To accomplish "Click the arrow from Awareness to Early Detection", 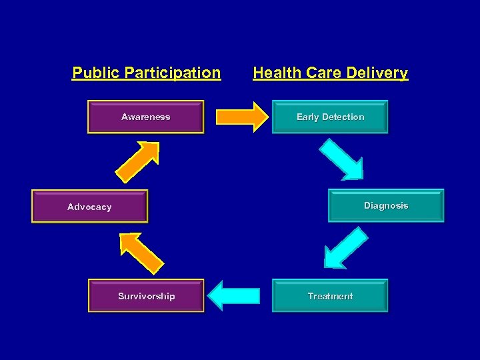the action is coord(241,117).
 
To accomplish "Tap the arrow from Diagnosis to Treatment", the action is coord(345,247).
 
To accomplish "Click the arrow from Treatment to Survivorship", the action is coord(233,295).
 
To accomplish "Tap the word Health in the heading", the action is coord(277,73).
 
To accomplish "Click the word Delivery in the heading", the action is coord(378,73).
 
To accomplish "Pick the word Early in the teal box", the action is coord(308,117).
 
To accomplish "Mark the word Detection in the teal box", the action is coord(343,117).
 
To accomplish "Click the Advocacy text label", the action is coord(89,207).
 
